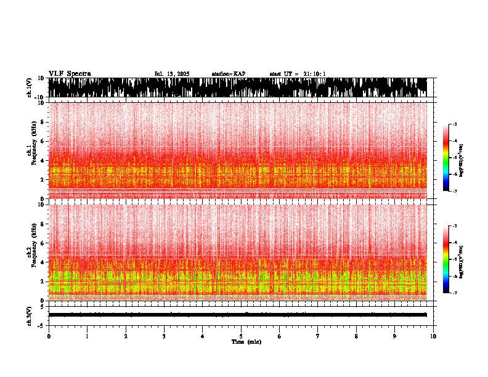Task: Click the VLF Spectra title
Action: [70, 74]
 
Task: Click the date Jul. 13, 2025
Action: [172, 74]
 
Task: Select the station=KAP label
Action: [228, 74]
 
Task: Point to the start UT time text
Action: [298, 74]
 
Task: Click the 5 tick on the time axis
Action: [241, 336]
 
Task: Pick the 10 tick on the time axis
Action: [433, 336]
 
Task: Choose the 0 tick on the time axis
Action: [49, 336]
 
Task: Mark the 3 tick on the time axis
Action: [164, 336]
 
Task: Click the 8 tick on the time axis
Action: [356, 336]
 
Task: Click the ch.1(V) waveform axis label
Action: [30, 87]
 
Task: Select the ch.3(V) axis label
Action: [30, 314]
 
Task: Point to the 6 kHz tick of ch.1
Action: [42, 141]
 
